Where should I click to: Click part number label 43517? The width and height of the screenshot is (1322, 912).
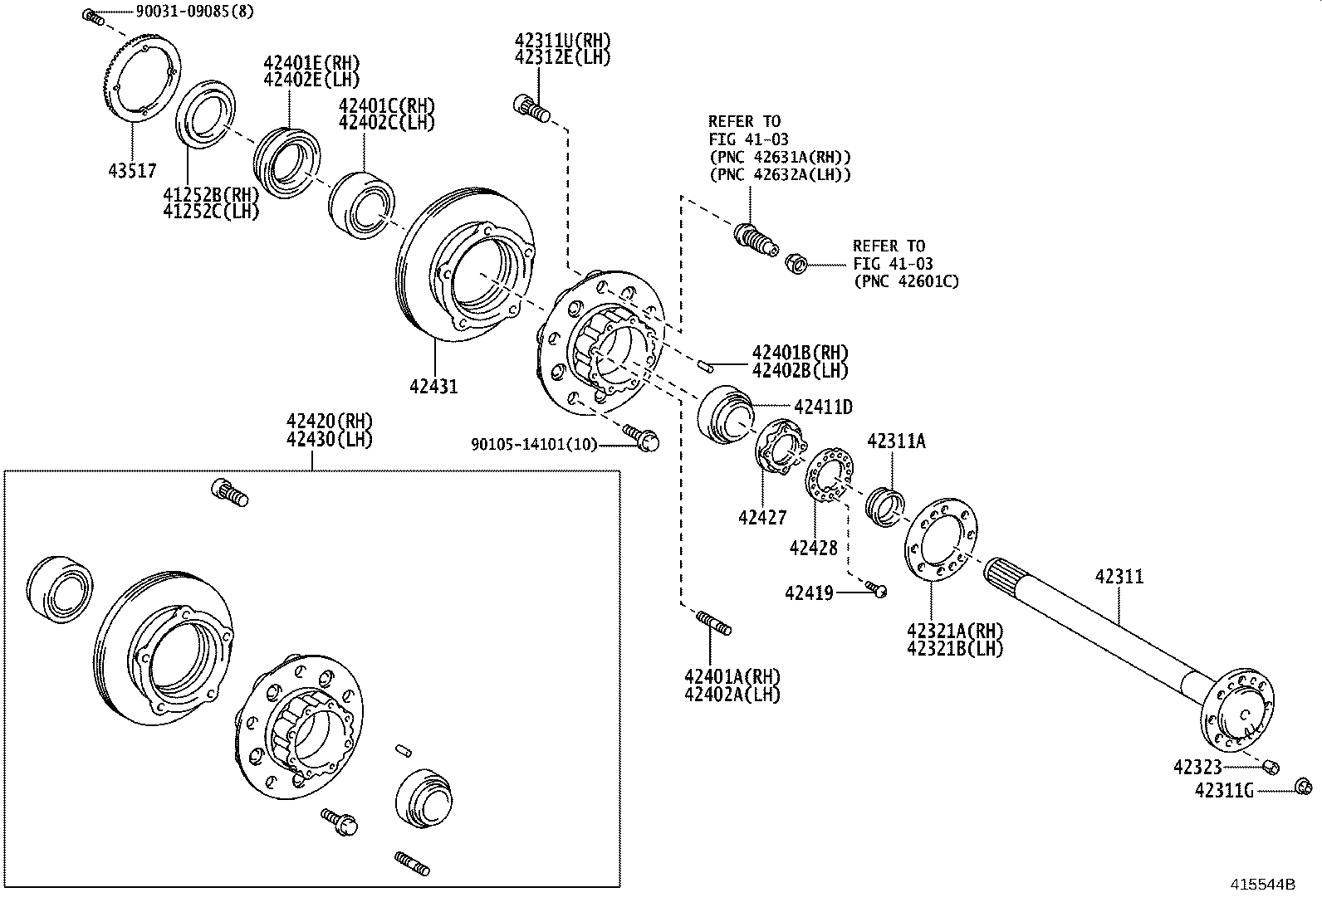[132, 171]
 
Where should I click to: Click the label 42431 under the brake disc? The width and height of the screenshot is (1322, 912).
[433, 386]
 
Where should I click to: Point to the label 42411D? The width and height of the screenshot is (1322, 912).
[823, 407]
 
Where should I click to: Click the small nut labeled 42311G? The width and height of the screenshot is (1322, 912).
[1303, 787]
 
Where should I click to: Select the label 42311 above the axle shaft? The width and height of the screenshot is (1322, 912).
[1119, 576]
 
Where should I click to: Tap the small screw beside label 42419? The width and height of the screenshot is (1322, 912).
[878, 589]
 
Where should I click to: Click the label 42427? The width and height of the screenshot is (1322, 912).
[762, 518]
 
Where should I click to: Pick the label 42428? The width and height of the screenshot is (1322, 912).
[814, 548]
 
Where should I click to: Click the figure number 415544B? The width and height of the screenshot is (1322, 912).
[1262, 885]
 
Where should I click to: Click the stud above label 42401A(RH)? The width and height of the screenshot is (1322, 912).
[713, 622]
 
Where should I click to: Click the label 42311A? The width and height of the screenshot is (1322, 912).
[896, 441]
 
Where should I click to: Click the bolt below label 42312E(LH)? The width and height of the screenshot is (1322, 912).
[531, 108]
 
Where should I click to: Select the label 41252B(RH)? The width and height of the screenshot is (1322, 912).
[211, 194]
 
